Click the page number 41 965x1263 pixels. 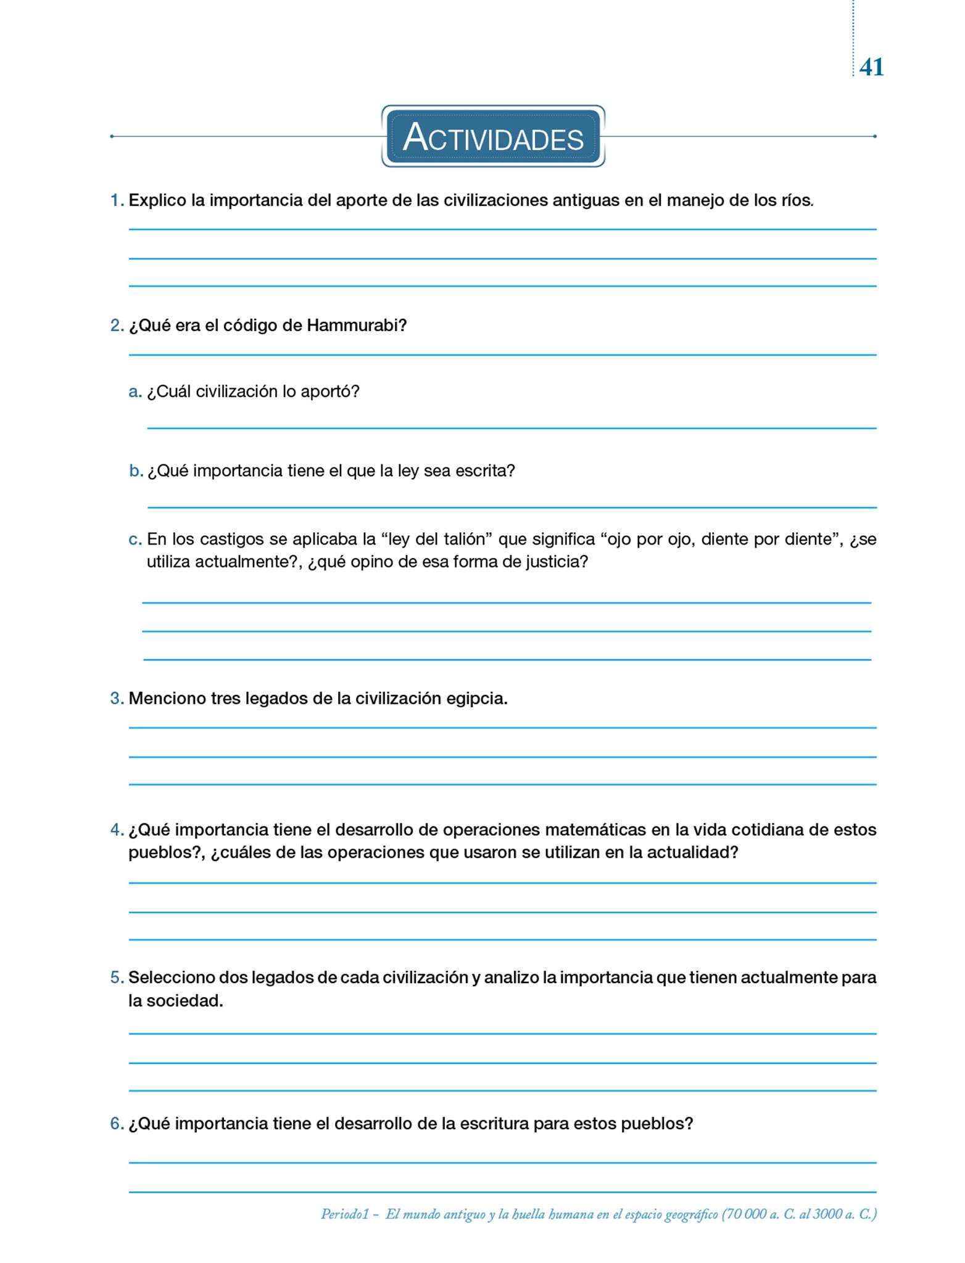[871, 67]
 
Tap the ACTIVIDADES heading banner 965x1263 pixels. [493, 136]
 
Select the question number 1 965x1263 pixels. [116, 200]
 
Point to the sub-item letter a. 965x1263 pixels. [135, 392]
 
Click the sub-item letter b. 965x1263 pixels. [135, 471]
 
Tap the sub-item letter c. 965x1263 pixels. [135, 540]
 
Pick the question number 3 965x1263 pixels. [116, 699]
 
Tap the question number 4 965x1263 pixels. [116, 830]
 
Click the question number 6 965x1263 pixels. [116, 1124]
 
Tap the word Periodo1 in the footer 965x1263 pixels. [344, 1214]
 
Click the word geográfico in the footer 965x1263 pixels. [691, 1214]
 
